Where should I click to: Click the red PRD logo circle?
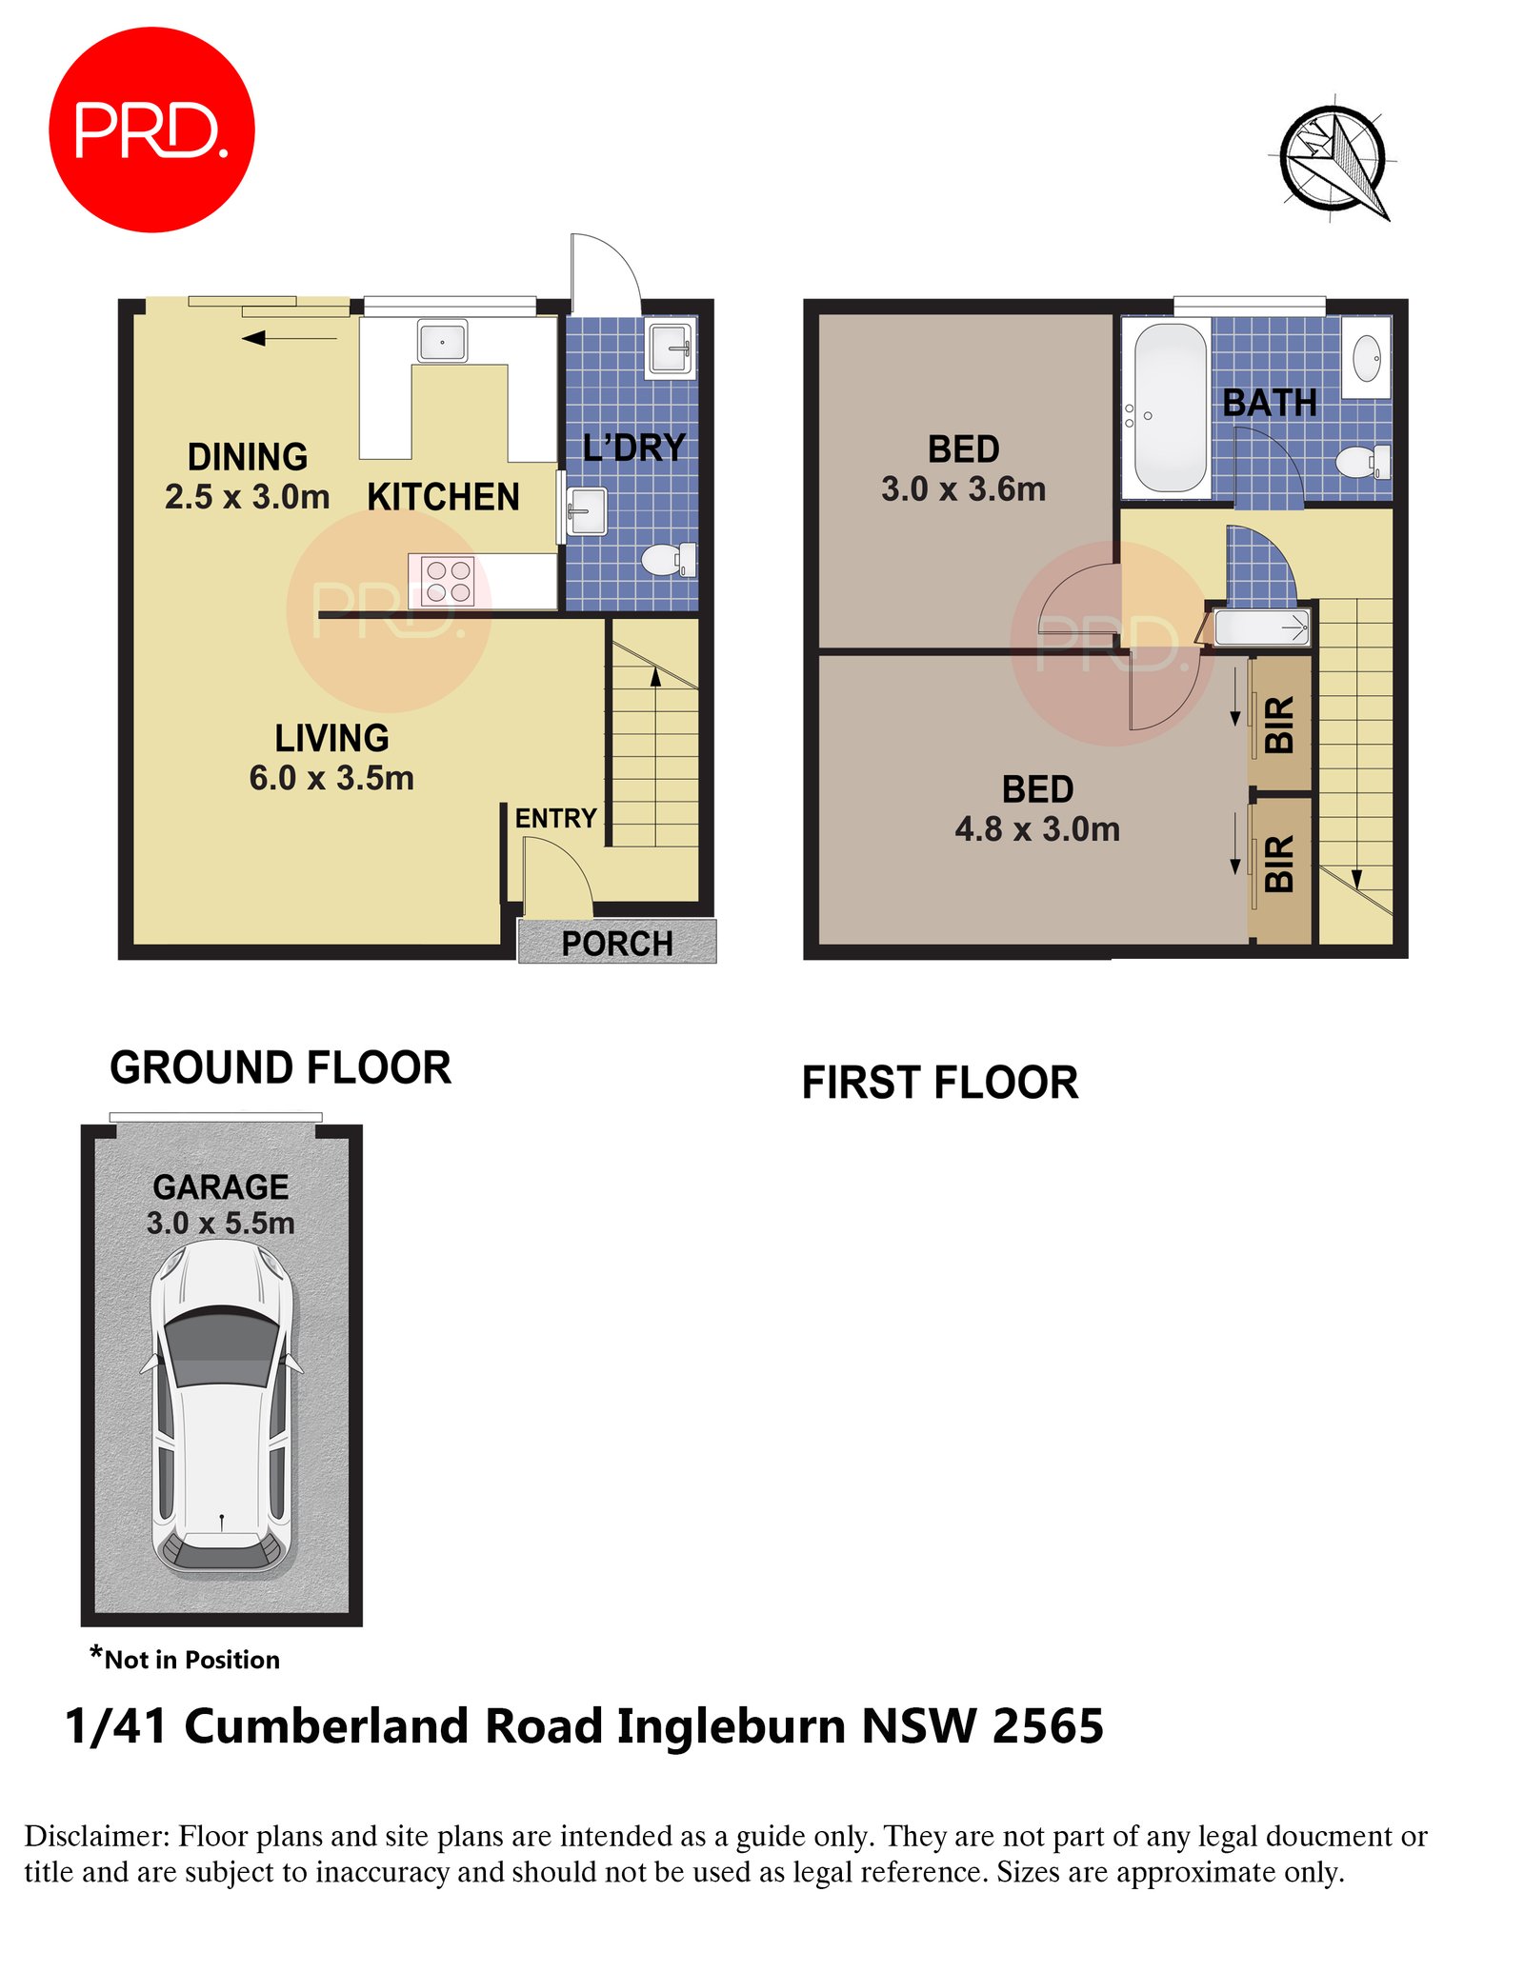pos(151,129)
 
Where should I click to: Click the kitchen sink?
pos(442,341)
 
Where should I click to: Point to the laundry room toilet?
pos(669,559)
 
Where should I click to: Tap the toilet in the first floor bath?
pos(1362,463)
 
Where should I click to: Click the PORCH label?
pos(617,944)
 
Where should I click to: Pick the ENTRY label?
pos(555,818)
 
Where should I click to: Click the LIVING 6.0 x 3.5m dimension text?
pos(331,778)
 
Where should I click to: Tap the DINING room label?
pos(248,457)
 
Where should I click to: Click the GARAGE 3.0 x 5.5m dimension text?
pos(221,1223)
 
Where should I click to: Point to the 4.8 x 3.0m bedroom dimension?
pos(1037,829)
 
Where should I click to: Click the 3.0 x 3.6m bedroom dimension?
pos(963,489)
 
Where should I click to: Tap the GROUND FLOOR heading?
pos(280,1067)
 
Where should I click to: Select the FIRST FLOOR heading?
pos(940,1083)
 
